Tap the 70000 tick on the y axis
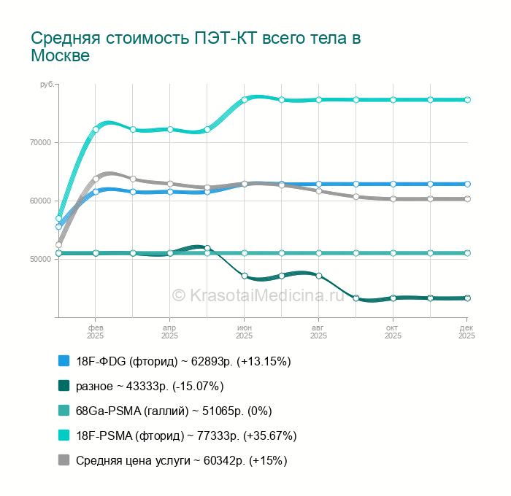[x=40, y=143]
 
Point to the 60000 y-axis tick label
[x=40, y=201]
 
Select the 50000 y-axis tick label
[x=40, y=260]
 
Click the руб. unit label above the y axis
[x=47, y=85]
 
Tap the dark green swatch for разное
[x=64, y=386]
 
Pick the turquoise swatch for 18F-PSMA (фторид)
[x=64, y=435]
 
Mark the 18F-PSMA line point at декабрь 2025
[x=467, y=100]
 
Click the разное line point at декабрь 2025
[x=467, y=298]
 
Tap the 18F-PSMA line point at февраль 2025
[x=96, y=130]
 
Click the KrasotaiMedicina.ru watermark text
[x=258, y=295]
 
